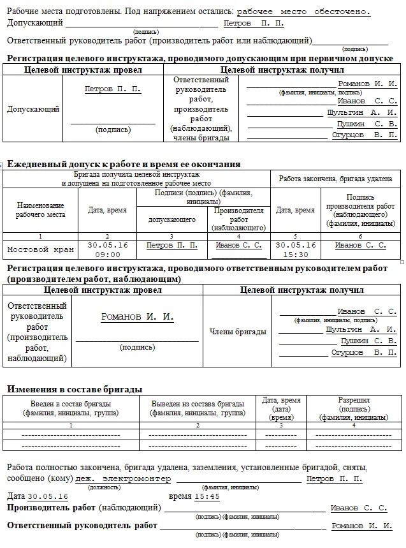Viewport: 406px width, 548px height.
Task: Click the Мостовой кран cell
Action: point(40,249)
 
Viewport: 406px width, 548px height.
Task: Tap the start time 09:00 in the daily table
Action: point(108,253)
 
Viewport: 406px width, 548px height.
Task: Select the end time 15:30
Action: point(295,253)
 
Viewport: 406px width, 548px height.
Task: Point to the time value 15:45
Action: point(207,496)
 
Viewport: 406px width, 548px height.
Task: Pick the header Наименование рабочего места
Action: point(40,210)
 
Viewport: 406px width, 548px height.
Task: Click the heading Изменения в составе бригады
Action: point(75,389)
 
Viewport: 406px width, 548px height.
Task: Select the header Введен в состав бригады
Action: point(71,404)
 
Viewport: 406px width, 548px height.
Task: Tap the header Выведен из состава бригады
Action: point(198,404)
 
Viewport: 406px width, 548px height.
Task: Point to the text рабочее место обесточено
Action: point(303,11)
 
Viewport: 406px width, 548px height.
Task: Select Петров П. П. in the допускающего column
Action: point(171,245)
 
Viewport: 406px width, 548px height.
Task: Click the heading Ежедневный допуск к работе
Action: point(123,164)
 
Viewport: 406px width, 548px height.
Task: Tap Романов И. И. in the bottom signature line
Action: point(361,525)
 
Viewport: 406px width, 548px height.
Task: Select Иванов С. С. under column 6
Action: point(360,245)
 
